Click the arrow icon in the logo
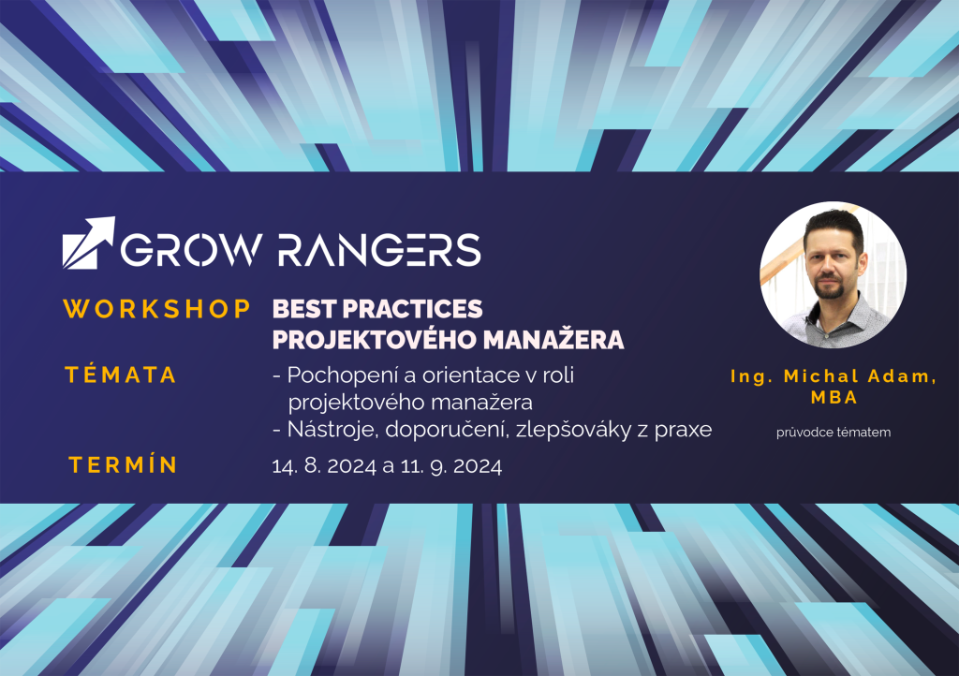tap(88, 242)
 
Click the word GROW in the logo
tap(191, 250)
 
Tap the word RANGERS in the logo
tap(380, 250)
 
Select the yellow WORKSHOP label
tap(157, 309)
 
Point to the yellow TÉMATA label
tap(121, 375)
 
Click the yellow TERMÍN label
tap(123, 464)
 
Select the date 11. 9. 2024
tap(451, 466)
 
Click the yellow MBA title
tap(834, 397)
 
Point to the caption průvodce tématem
tap(834, 433)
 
